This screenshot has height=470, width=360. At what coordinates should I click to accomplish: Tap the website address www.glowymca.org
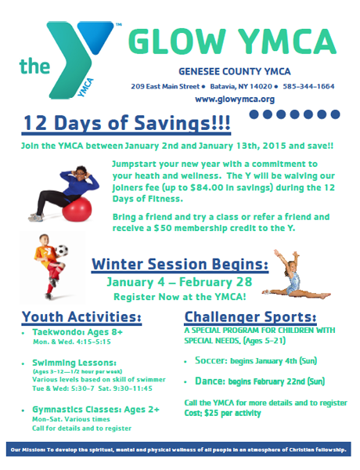pyautogui.click(x=235, y=99)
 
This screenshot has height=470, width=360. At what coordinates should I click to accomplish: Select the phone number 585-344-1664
pyautogui.click(x=308, y=86)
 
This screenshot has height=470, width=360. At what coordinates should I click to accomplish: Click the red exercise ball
pyautogui.click(x=77, y=209)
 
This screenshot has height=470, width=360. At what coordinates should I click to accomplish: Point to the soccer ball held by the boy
pyautogui.click(x=62, y=251)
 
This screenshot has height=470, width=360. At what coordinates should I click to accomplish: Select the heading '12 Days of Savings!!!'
pyautogui.click(x=126, y=123)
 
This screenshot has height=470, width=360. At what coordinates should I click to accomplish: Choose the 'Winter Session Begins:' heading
pyautogui.click(x=180, y=265)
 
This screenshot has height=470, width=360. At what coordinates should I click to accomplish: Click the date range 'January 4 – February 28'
pyautogui.click(x=180, y=282)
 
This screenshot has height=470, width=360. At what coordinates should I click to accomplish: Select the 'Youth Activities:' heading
pyautogui.click(x=81, y=316)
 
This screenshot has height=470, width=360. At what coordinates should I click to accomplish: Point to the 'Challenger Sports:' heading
pyautogui.click(x=250, y=316)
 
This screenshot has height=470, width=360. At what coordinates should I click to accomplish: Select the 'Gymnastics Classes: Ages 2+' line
pyautogui.click(x=95, y=410)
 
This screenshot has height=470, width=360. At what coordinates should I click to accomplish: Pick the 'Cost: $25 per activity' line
pyautogui.click(x=222, y=413)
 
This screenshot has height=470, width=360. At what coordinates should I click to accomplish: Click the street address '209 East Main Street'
pyautogui.click(x=165, y=86)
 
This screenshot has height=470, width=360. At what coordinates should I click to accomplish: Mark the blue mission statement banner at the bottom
pyautogui.click(x=178, y=449)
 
